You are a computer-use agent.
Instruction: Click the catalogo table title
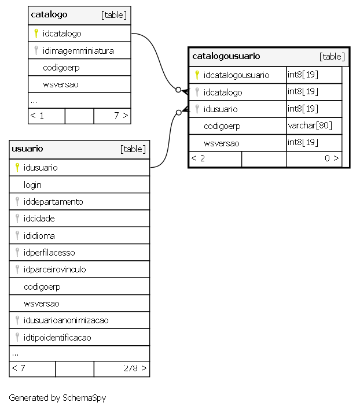(x=49, y=14)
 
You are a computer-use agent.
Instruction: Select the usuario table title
(x=27, y=149)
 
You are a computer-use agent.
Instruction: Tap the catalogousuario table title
(x=226, y=56)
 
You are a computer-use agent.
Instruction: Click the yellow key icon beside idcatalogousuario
(x=197, y=75)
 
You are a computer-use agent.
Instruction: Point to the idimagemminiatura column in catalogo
(x=78, y=50)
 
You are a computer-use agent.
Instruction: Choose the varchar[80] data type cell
(x=310, y=125)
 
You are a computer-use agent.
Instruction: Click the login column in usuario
(x=32, y=185)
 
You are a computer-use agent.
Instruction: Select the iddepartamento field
(x=53, y=202)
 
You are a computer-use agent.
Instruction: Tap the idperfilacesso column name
(x=49, y=253)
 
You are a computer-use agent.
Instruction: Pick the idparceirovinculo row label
(x=54, y=269)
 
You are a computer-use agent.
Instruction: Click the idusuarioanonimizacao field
(x=66, y=320)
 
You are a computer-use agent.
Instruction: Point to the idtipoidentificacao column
(x=57, y=338)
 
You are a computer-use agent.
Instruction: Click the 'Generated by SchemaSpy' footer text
(x=57, y=398)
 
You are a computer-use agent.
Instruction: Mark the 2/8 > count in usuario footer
(x=135, y=368)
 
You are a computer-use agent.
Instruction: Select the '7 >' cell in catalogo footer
(x=121, y=115)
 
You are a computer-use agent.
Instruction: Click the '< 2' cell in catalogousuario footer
(x=198, y=158)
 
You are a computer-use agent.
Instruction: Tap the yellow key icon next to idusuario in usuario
(x=17, y=167)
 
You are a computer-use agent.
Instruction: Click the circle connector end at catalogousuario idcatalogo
(x=178, y=90)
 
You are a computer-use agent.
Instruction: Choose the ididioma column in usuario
(x=39, y=235)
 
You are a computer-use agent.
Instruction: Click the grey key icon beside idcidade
(x=17, y=219)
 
